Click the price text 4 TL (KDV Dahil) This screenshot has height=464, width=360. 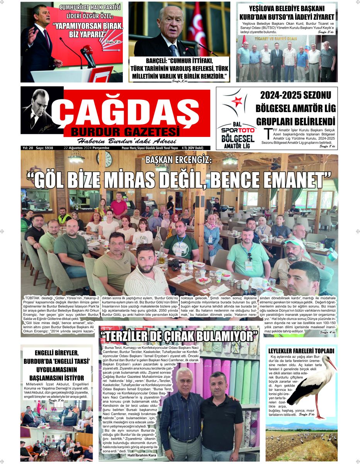click(x=195, y=148)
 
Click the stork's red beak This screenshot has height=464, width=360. click(x=332, y=364)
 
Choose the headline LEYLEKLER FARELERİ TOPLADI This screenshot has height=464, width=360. click(x=301, y=351)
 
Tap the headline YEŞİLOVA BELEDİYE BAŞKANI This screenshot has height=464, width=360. click(x=287, y=9)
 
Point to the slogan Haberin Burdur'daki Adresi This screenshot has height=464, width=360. click(x=127, y=141)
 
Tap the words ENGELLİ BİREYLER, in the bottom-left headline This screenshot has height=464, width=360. click(x=57, y=353)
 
